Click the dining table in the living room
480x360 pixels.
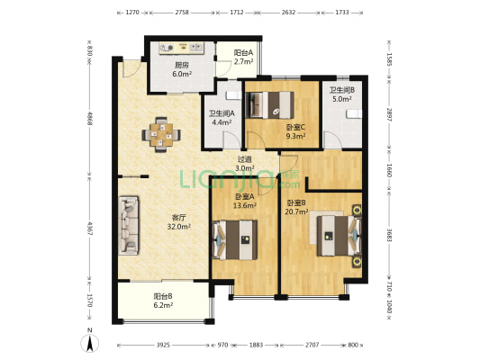[161, 135]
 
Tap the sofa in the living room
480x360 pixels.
[129, 225]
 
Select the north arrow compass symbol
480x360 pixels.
[90, 341]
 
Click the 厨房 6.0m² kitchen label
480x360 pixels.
[182, 69]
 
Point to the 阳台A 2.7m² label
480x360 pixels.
[244, 58]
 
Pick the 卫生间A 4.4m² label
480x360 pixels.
[222, 118]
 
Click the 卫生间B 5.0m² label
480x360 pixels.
[342, 94]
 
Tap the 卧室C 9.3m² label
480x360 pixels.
[295, 131]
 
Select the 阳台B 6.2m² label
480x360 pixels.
[163, 301]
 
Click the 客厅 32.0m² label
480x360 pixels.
[179, 222]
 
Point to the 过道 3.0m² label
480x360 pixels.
[245, 164]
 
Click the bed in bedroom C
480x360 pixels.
[270, 105]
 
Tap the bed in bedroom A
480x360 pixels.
[235, 239]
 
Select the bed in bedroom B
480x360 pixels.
[340, 236]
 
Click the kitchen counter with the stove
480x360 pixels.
[182, 48]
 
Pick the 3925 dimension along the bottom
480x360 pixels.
[163, 345]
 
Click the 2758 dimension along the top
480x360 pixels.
[182, 13]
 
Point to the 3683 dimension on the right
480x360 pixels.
[389, 235]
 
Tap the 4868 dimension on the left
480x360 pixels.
[90, 118]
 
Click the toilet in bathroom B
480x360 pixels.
[354, 113]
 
